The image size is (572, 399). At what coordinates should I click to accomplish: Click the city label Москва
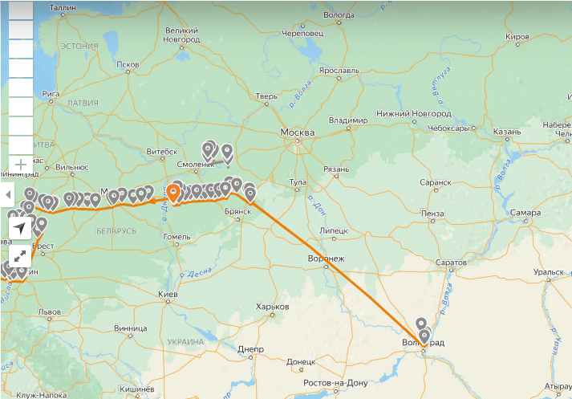click(x=297, y=132)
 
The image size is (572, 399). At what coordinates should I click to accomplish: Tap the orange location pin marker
click(x=173, y=193)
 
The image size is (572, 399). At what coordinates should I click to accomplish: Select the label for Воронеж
click(x=326, y=259)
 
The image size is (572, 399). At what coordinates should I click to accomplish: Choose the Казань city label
click(x=508, y=130)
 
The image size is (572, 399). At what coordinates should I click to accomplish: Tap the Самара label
click(x=525, y=213)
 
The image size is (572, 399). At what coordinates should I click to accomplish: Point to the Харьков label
click(x=271, y=307)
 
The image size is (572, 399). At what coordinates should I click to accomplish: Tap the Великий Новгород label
click(x=181, y=35)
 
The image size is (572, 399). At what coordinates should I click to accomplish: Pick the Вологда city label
click(x=339, y=14)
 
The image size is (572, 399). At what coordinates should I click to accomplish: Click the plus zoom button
click(x=21, y=164)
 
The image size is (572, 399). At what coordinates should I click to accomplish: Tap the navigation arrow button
click(x=20, y=228)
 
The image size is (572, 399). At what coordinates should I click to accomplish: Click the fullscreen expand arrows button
click(x=20, y=256)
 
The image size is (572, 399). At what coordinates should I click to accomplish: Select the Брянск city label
click(x=238, y=211)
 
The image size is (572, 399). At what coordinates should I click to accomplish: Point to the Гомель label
click(x=176, y=237)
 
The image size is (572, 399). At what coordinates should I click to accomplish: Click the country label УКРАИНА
click(x=186, y=341)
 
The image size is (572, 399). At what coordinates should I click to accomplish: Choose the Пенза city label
click(x=431, y=213)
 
